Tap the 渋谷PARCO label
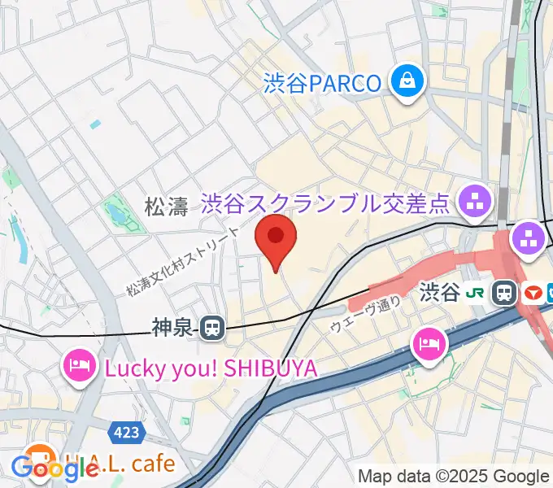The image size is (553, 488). click(322, 83)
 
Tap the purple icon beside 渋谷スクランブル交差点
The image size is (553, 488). click(473, 200)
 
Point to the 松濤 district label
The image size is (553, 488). click(166, 207)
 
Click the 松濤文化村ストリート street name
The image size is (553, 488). click(184, 260)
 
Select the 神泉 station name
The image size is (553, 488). click(172, 328)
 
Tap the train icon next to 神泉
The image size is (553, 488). click(212, 328)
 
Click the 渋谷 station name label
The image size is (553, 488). click(440, 292)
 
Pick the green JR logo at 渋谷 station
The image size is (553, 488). click(480, 292)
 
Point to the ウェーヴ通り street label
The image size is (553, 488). click(365, 315)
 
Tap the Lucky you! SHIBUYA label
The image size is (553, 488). click(210, 368)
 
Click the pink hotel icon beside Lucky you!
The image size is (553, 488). click(78, 367)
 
